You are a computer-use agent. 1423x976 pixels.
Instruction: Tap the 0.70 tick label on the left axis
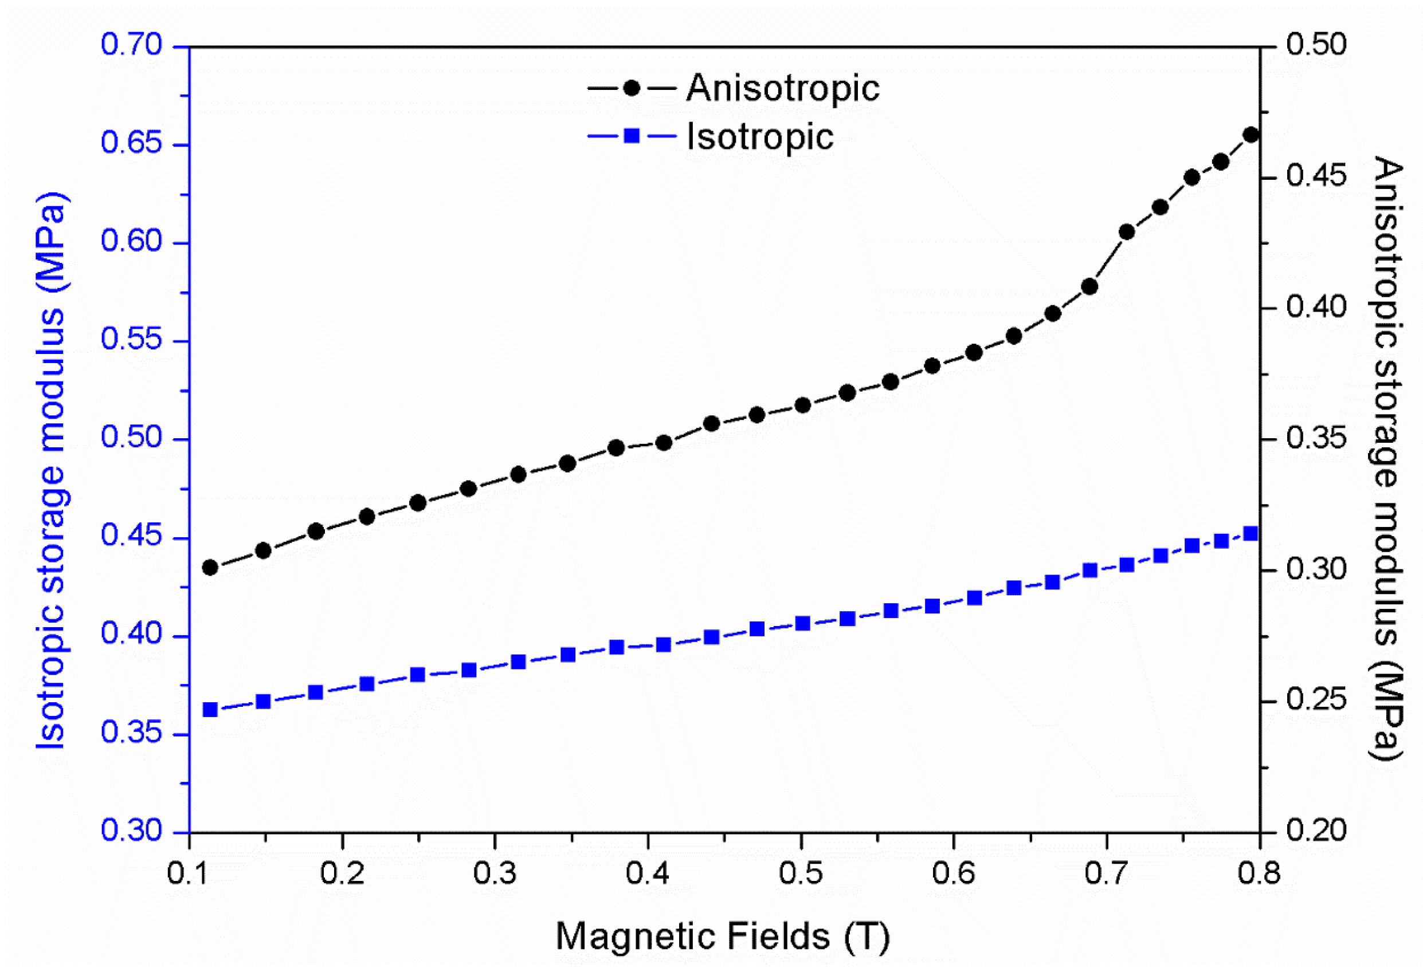coord(131,45)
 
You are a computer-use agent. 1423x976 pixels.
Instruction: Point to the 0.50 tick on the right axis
coord(1316,45)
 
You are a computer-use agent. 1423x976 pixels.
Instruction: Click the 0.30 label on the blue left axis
coord(131,831)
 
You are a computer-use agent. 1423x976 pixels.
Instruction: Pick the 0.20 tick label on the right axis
coord(1316,831)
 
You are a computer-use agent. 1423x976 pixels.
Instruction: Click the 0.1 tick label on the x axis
coord(189,873)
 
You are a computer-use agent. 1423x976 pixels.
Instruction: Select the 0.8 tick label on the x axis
coord(1259,873)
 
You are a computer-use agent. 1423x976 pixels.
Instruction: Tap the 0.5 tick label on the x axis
coord(801,873)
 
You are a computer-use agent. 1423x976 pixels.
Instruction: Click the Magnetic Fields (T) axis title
coord(723,937)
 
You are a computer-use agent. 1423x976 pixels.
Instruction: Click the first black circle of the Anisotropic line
coord(210,567)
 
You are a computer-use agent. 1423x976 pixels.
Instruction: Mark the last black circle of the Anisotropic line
coord(1251,135)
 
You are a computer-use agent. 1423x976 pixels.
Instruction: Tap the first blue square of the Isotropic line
coord(210,710)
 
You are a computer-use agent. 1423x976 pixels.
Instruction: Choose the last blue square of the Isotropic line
coord(1251,534)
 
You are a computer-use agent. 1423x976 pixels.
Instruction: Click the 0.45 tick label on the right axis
coord(1316,176)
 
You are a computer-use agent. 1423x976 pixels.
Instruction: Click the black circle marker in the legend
coord(632,89)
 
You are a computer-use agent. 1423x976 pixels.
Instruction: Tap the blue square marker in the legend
coord(632,136)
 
